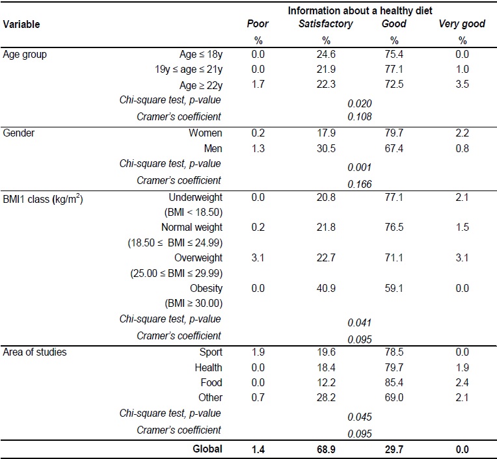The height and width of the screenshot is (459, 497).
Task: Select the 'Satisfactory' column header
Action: pyautogui.click(x=325, y=24)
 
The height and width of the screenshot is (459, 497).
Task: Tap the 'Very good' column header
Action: pyautogui.click(x=463, y=24)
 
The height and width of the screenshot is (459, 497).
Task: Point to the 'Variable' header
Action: pyautogui.click(x=21, y=24)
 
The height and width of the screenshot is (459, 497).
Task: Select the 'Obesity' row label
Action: pyautogui.click(x=205, y=288)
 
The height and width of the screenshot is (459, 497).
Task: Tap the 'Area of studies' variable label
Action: pyautogui.click(x=34, y=352)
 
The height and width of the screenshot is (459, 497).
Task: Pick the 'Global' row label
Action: pyautogui.click(x=207, y=448)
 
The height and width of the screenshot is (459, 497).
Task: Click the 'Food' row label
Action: pyautogui.click(x=211, y=382)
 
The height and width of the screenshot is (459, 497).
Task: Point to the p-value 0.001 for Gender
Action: pyautogui.click(x=360, y=166)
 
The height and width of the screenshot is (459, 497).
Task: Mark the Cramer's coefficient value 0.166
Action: pyautogui.click(x=360, y=185)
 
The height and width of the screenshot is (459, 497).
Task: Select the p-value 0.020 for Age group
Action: pyautogui.click(x=360, y=103)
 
